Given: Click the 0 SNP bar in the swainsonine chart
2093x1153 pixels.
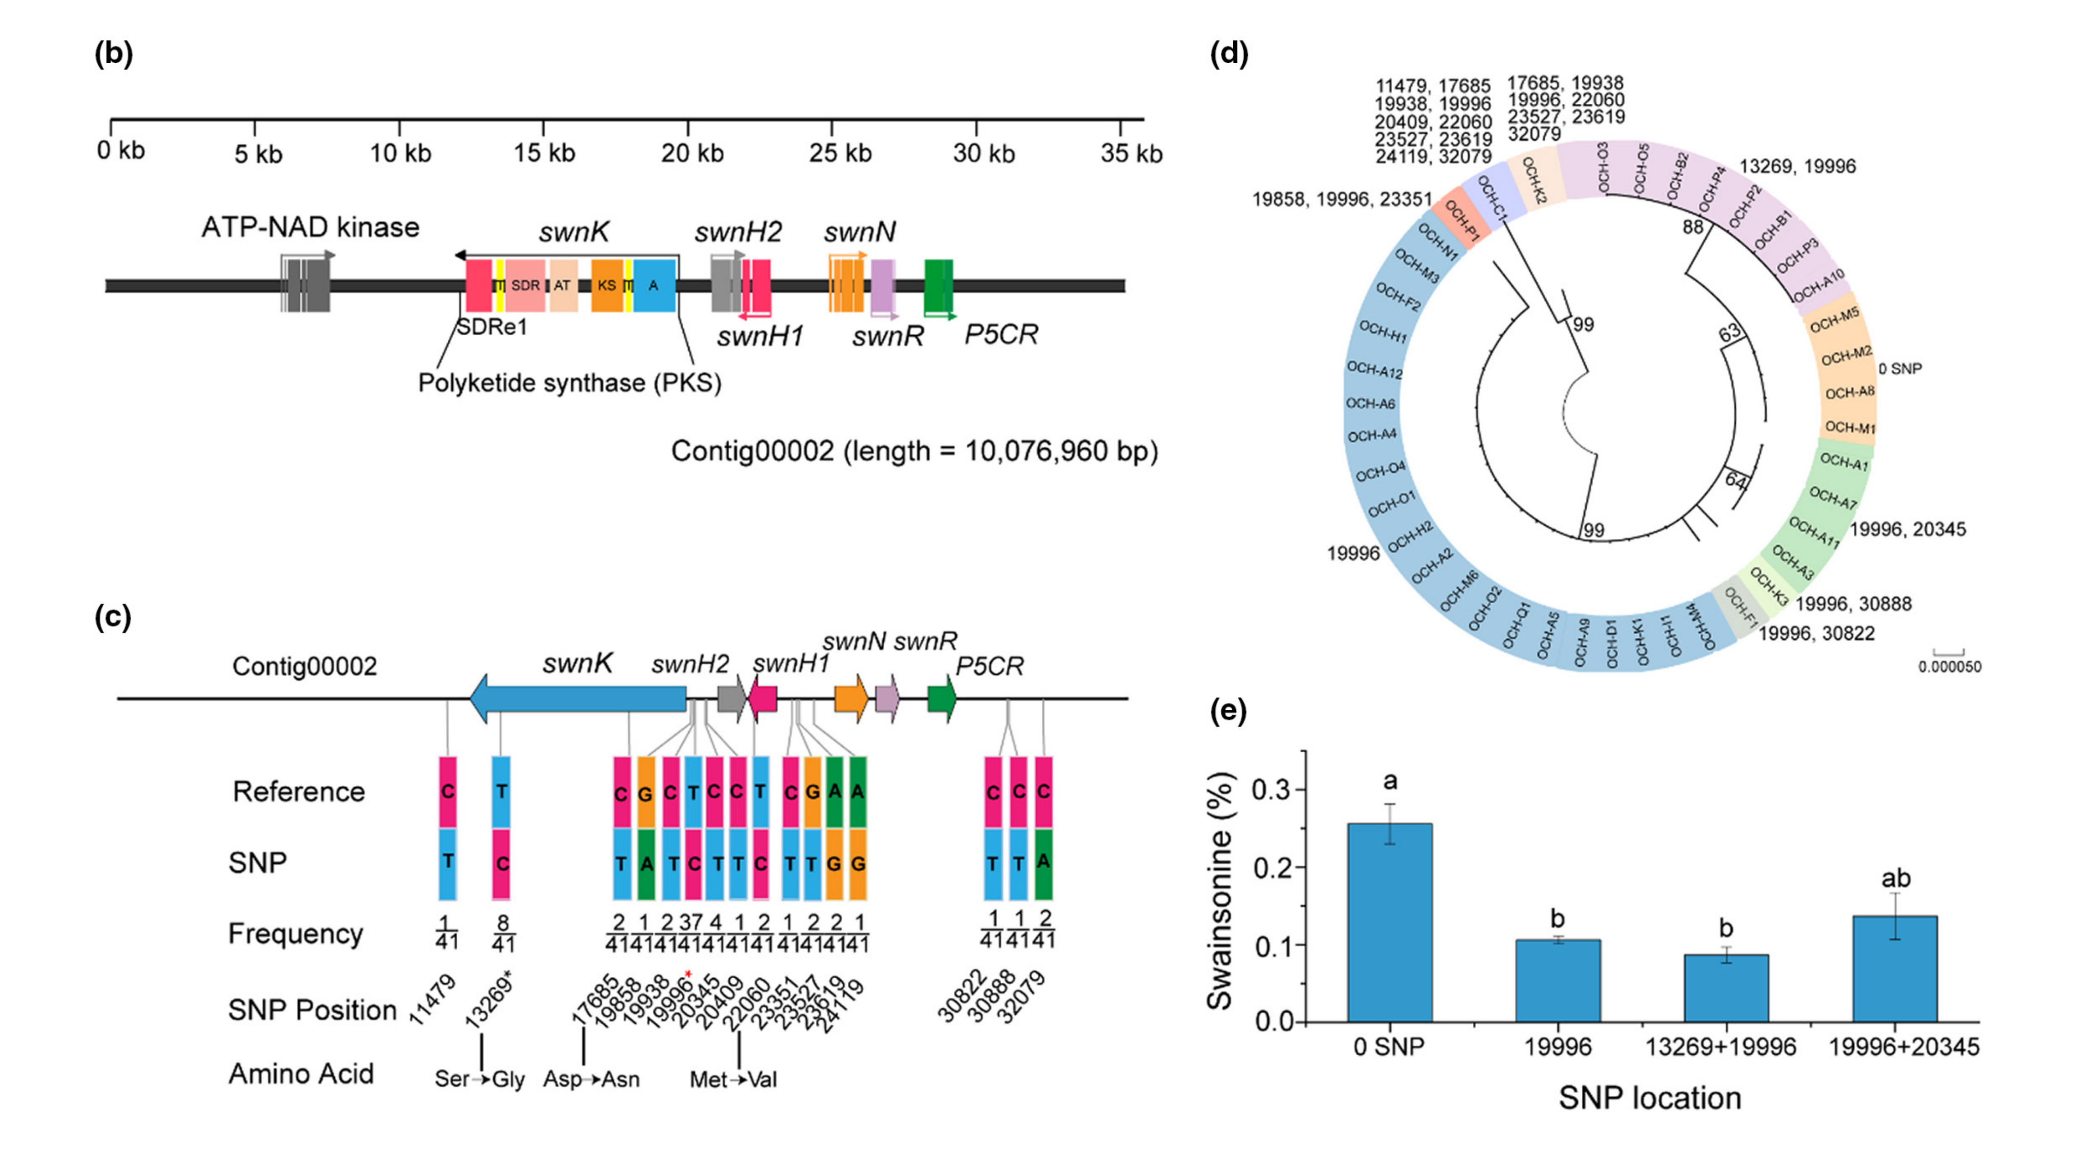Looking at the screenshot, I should pyautogui.click(x=1389, y=922).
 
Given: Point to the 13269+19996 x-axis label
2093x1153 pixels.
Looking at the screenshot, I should pyautogui.click(x=1720, y=1046).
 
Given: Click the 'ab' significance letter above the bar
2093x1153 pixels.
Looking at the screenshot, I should pyautogui.click(x=1896, y=879).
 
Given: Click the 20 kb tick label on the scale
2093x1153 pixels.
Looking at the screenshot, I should pyautogui.click(x=692, y=153).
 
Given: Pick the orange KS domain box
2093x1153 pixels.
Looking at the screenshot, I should pyautogui.click(x=606, y=285).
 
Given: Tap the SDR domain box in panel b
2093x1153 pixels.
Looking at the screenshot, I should pyautogui.click(x=525, y=285).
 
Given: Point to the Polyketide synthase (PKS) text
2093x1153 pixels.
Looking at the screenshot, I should pyautogui.click(x=569, y=383).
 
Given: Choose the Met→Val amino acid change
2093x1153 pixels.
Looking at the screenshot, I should pyautogui.click(x=733, y=1079).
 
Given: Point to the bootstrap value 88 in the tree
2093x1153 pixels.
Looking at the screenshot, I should pyautogui.click(x=1692, y=227).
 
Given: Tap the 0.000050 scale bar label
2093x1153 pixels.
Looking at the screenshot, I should pyautogui.click(x=1949, y=667).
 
